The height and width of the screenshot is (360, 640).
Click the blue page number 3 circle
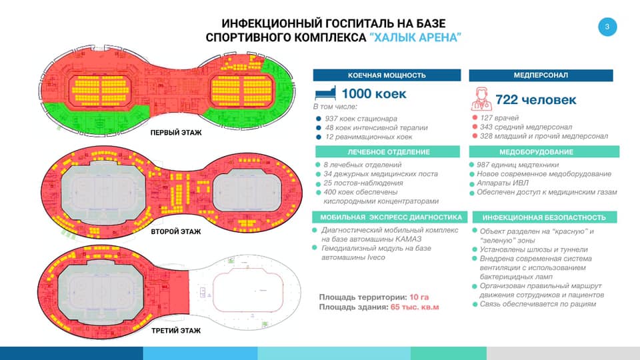[607, 27]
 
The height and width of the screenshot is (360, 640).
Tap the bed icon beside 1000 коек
[325, 93]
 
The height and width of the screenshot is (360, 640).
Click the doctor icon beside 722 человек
[481, 99]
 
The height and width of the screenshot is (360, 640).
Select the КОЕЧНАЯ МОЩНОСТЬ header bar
[387, 75]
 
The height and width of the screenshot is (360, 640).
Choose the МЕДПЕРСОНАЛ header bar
[541, 75]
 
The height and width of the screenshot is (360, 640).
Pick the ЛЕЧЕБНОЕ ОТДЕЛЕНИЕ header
[388, 152]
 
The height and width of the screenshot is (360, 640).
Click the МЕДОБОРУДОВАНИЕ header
[544, 152]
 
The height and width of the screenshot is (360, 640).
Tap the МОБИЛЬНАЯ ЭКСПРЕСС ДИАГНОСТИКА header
[390, 217]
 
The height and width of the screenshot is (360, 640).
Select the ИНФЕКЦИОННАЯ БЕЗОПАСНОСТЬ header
[545, 217]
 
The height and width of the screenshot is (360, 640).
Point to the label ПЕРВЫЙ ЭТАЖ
[176, 133]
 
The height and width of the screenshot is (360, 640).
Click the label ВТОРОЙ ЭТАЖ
[176, 231]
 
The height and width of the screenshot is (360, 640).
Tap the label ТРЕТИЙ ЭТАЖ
[176, 331]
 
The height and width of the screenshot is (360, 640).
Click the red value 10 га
[419, 297]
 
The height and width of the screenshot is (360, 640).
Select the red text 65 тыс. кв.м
[415, 307]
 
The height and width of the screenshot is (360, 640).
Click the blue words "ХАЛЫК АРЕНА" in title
[415, 37]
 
